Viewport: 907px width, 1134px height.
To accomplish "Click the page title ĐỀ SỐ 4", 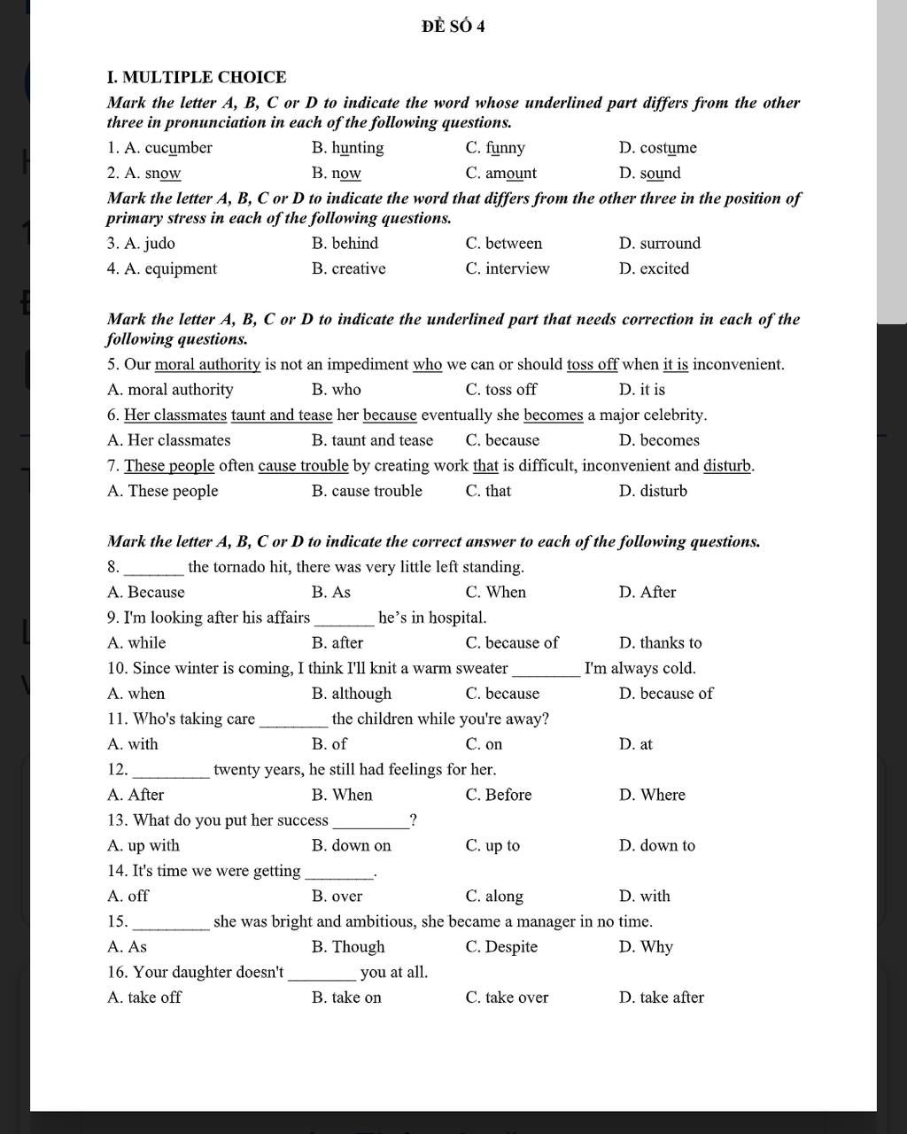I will (x=453, y=27).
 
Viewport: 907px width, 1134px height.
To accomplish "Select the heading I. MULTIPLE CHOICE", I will (x=196, y=77).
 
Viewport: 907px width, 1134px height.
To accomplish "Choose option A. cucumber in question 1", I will (x=159, y=148).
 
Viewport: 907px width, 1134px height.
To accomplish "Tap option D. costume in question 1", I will (x=657, y=148).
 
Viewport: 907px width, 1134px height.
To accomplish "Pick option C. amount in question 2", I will (x=500, y=174).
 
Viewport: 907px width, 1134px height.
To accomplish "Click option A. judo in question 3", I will (x=141, y=244).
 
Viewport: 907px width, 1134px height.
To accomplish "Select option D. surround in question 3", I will (x=659, y=244).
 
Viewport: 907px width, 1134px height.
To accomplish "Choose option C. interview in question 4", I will (x=507, y=268).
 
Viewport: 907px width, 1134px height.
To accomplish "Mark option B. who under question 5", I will (x=336, y=390).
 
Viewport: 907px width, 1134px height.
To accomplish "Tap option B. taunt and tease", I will (x=372, y=440).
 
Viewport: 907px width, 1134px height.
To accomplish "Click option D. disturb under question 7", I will (x=653, y=491).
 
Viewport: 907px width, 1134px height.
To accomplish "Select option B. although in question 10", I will (x=351, y=694).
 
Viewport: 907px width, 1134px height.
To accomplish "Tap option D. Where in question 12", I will (x=652, y=795).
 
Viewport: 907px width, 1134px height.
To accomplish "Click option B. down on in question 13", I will (x=351, y=846).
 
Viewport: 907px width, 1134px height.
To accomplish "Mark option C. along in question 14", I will (x=494, y=897).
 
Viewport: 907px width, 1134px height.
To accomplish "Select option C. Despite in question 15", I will (x=501, y=947).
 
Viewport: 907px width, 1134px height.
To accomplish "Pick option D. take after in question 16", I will (x=661, y=998).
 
